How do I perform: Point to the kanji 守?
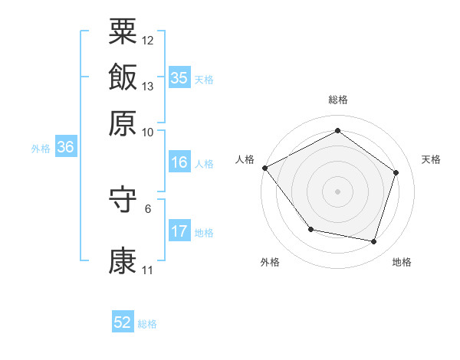click(123, 201)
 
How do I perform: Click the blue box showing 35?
click(179, 78)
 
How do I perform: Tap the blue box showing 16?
click(179, 162)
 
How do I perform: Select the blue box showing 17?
click(179, 231)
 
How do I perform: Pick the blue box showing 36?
click(65, 148)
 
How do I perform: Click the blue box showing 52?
click(123, 323)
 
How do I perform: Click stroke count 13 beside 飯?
click(148, 86)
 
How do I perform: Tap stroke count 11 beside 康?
click(147, 270)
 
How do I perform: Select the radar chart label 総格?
click(337, 100)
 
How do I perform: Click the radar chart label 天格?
click(432, 159)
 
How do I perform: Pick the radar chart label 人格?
click(245, 159)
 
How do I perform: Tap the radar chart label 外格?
click(270, 262)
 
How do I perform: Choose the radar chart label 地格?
click(402, 262)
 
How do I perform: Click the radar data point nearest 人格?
click(264, 168)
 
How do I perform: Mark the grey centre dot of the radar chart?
click(337, 191)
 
